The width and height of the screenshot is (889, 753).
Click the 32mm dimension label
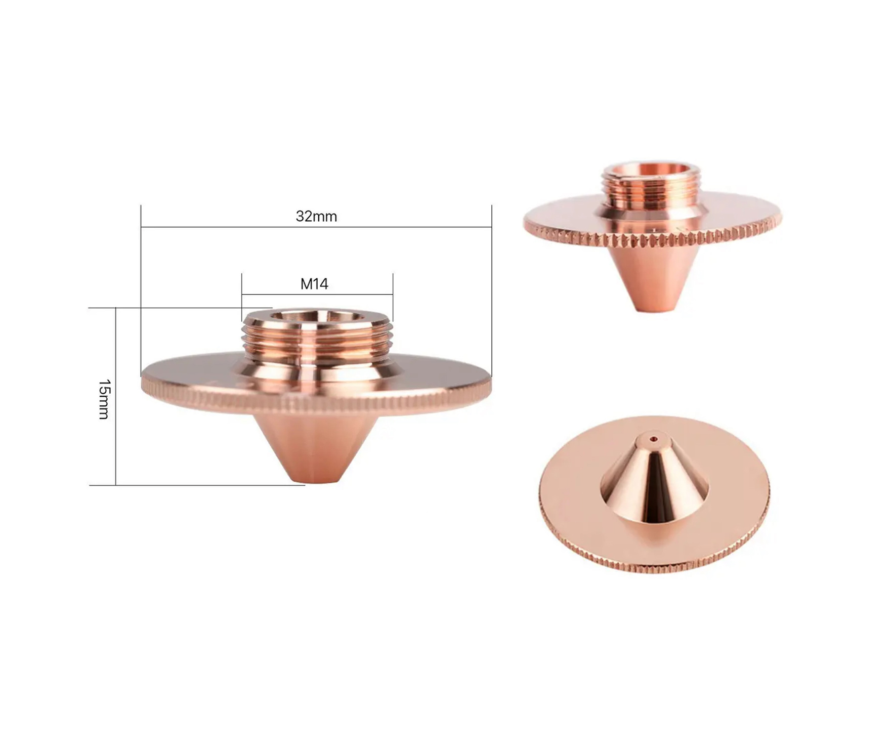(x=316, y=217)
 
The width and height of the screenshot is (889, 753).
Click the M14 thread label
(x=314, y=284)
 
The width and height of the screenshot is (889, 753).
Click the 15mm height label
(x=104, y=399)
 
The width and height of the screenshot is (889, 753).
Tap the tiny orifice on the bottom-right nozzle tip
(x=655, y=439)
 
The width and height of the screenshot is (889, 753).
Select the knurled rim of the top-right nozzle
(x=653, y=238)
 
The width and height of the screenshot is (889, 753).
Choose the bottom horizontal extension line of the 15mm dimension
(x=202, y=485)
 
